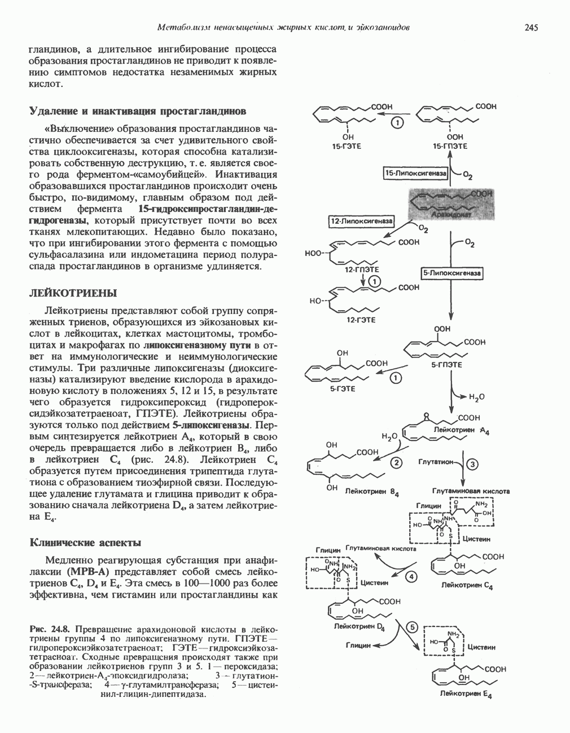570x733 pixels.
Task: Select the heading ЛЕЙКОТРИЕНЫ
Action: coord(73,293)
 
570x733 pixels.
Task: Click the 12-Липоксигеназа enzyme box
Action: coord(362,222)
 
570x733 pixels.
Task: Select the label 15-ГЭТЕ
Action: coord(347,147)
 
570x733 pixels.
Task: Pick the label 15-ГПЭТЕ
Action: coord(450,147)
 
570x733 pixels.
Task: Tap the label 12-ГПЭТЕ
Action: coord(362,270)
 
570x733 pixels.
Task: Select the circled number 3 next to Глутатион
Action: coord(472,463)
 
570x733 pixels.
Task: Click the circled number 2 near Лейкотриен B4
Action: coord(397,463)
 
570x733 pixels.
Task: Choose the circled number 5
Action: coord(413,627)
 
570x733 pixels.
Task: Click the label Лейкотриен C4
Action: coord(467,586)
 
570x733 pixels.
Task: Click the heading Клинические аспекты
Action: coord(85,542)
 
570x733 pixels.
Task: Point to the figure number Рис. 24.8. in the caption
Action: coord(50,628)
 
